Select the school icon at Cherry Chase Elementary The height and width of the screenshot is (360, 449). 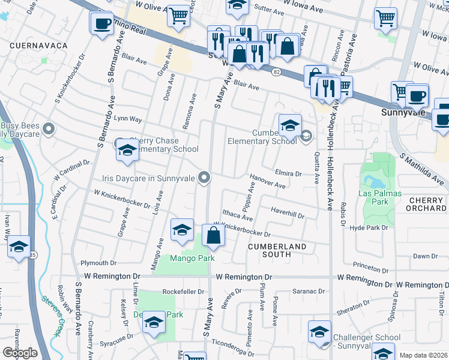point(127,150)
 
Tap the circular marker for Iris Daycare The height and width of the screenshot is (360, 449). point(204,177)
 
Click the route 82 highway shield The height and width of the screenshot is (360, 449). point(276,72)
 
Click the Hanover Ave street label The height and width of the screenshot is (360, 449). point(268,181)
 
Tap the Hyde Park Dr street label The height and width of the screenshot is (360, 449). point(369,228)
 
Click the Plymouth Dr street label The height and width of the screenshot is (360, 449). point(98,263)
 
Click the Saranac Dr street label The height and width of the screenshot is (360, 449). point(309,290)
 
